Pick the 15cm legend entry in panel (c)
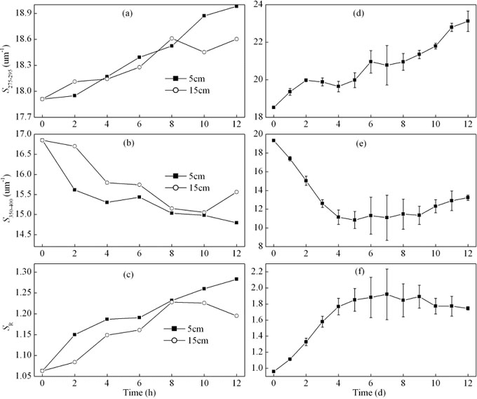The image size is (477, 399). point(187,340)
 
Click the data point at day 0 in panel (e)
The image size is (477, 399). point(274,140)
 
